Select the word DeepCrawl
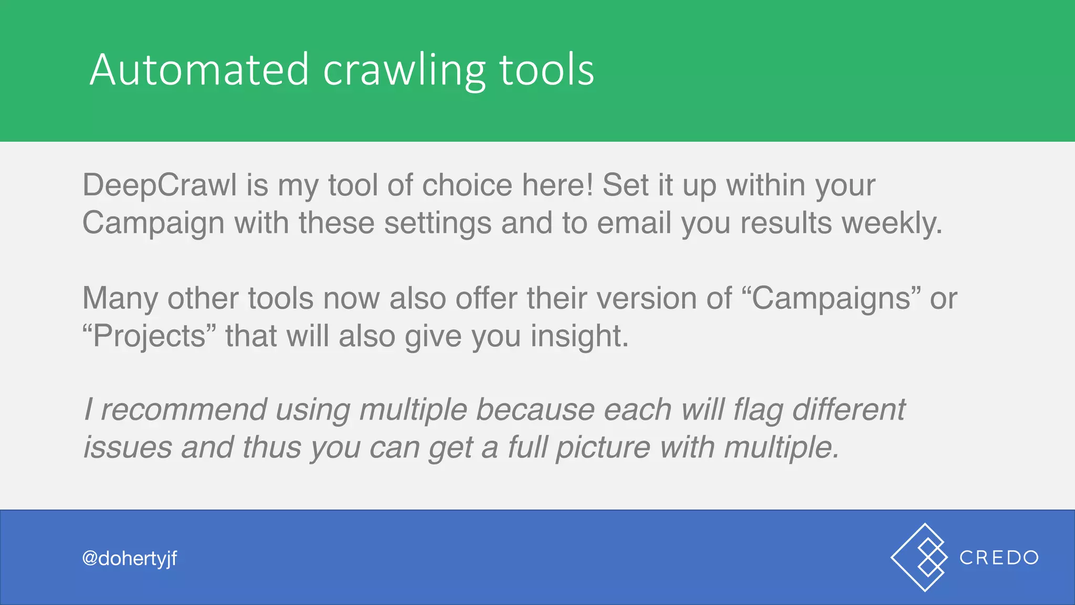coord(160,185)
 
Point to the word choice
coord(467,185)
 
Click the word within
coord(765,185)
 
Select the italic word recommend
coord(183,410)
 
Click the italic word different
coord(849,410)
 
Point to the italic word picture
coord(603,448)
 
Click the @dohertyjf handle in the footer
coord(130,558)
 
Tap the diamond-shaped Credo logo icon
coord(919,557)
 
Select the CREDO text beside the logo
coord(999,558)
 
